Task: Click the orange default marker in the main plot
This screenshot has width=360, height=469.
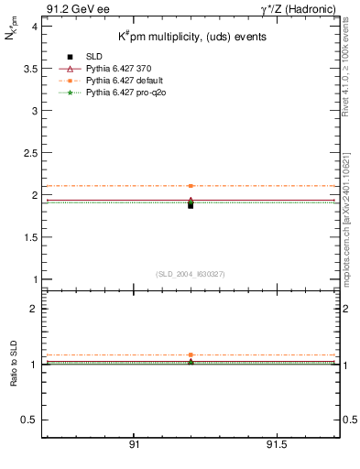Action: pos(191,186)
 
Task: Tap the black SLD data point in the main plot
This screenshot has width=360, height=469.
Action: pos(191,205)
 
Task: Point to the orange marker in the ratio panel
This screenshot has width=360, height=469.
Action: pos(191,354)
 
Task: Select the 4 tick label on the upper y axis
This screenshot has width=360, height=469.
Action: pos(32,27)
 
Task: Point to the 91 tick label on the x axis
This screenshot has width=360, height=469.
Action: pos(135,445)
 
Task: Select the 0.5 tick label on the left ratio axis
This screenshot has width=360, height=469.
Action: pos(27,420)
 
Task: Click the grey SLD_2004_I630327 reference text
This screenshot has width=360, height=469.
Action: pos(191,274)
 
